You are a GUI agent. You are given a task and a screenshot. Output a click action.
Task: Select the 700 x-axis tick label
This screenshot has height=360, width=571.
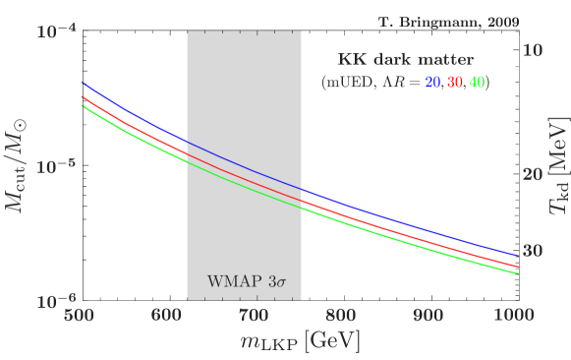click(x=254, y=317)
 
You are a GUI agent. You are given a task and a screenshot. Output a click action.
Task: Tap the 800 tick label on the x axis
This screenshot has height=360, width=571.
click(x=341, y=317)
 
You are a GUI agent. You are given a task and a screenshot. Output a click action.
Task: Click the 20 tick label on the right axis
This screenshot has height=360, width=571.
click(x=534, y=174)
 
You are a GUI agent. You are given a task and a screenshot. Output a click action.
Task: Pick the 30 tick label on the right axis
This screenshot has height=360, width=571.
click(x=534, y=251)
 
